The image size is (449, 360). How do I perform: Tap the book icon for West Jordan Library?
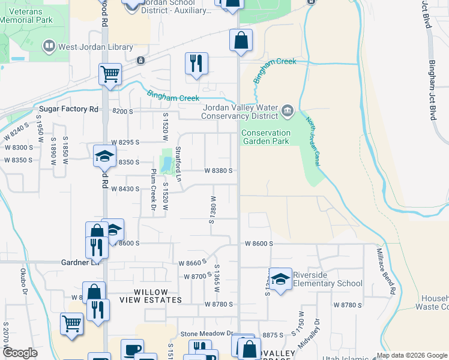point(49,46)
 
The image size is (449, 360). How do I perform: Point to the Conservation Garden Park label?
point(266,137)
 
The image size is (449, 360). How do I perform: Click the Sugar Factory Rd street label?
point(68,109)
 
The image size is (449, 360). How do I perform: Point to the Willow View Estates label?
point(150,296)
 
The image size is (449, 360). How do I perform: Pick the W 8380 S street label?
point(218,170)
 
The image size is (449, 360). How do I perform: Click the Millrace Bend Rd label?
point(385,271)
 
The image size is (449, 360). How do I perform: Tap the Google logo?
point(20,353)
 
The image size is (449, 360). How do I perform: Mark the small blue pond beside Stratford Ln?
point(166,163)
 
